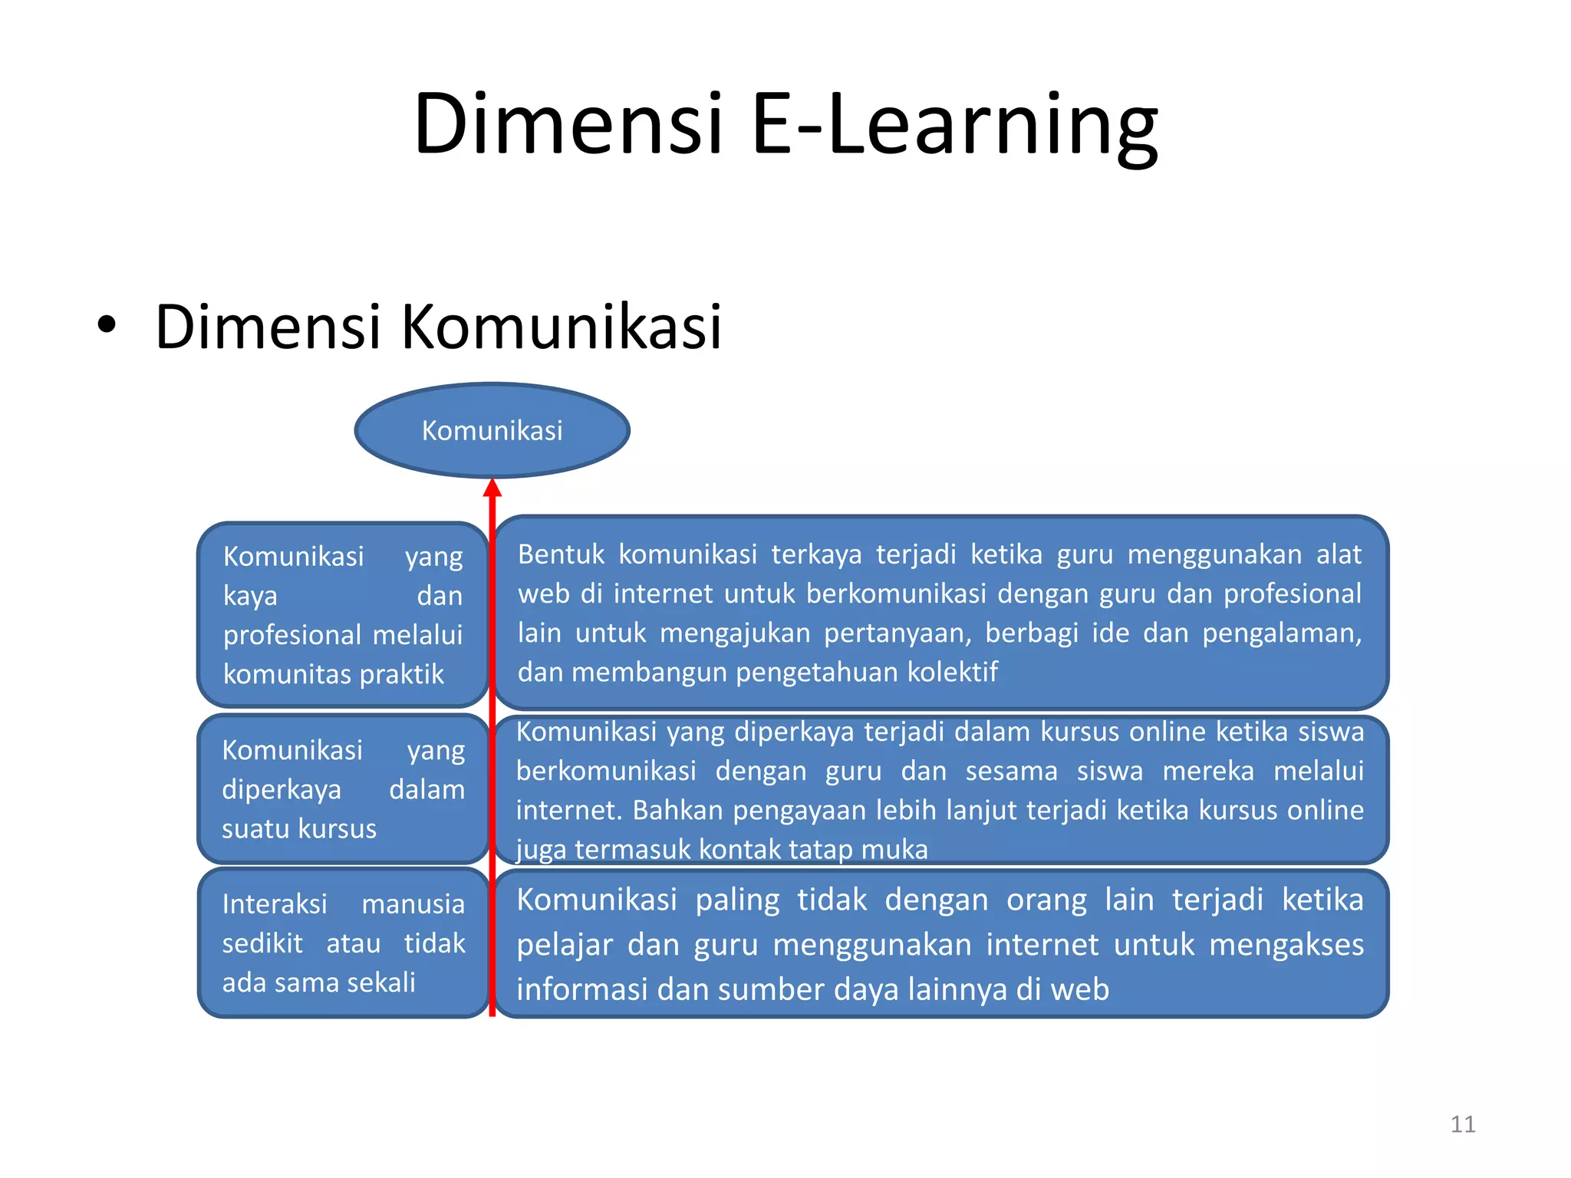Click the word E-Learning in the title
pos(955,124)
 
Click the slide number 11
pos(1463,1124)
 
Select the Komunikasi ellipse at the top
pos(492,430)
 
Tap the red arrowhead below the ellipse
pos(492,488)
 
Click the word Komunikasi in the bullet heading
pos(561,327)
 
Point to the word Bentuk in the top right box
pos(561,554)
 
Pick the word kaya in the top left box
pos(250,596)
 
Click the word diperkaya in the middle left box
pos(281,790)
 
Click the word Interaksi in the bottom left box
pos(275,904)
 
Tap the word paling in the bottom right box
pos(737,900)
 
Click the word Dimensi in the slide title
pos(568,124)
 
